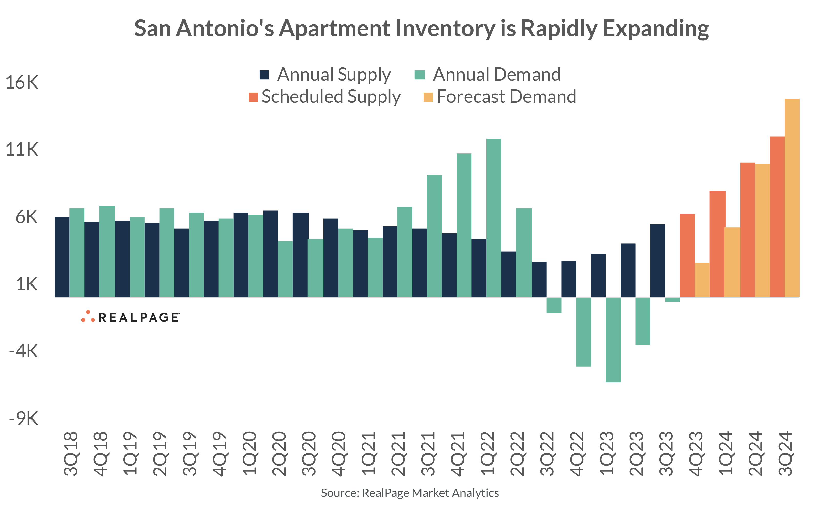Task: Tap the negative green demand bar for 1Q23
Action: [x=613, y=340]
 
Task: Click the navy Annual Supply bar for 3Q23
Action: [x=657, y=261]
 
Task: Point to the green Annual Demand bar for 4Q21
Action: [x=464, y=225]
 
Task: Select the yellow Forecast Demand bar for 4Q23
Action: [x=702, y=280]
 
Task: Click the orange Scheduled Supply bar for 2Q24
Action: [x=747, y=230]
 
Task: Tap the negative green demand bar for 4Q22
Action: [x=583, y=332]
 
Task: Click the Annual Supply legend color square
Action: [x=264, y=75]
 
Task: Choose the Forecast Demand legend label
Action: [x=506, y=97]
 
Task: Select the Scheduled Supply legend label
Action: [x=331, y=97]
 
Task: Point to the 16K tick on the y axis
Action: [x=22, y=82]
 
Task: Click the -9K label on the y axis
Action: [x=24, y=418]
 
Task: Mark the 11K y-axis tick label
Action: [x=22, y=149]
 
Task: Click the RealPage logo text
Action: [x=139, y=317]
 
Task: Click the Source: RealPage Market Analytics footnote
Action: [x=409, y=493]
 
